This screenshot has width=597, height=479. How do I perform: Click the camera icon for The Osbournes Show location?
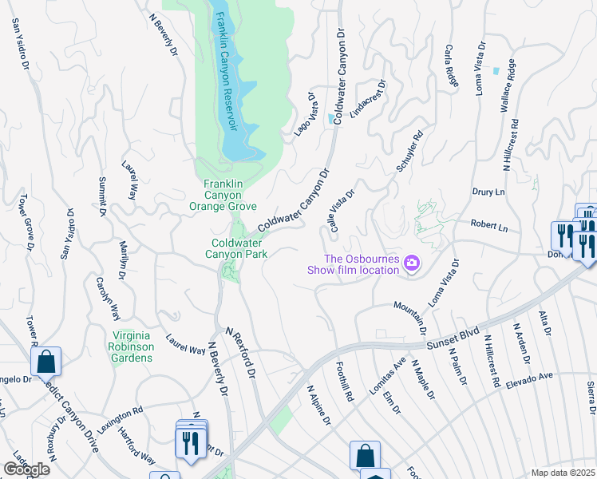[x=412, y=263]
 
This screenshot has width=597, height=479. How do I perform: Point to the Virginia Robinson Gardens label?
[x=132, y=346]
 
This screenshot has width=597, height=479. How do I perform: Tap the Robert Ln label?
[x=489, y=226]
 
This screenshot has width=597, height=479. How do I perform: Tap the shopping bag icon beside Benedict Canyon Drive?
[x=46, y=362]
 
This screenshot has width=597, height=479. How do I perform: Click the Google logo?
[x=26, y=469]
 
